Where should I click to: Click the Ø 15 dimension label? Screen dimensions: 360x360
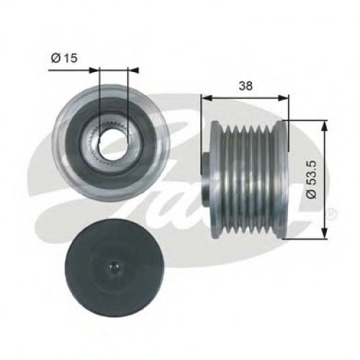click(64, 58)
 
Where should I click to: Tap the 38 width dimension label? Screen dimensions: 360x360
click(246, 86)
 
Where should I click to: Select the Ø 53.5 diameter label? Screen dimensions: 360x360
click(312, 179)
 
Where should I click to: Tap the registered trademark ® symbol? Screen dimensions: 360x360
click(333, 214)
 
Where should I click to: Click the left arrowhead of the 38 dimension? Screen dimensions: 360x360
click(207, 98)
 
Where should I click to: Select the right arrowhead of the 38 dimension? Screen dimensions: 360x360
click(283, 98)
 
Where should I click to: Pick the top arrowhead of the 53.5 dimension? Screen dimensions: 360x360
click(324, 125)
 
